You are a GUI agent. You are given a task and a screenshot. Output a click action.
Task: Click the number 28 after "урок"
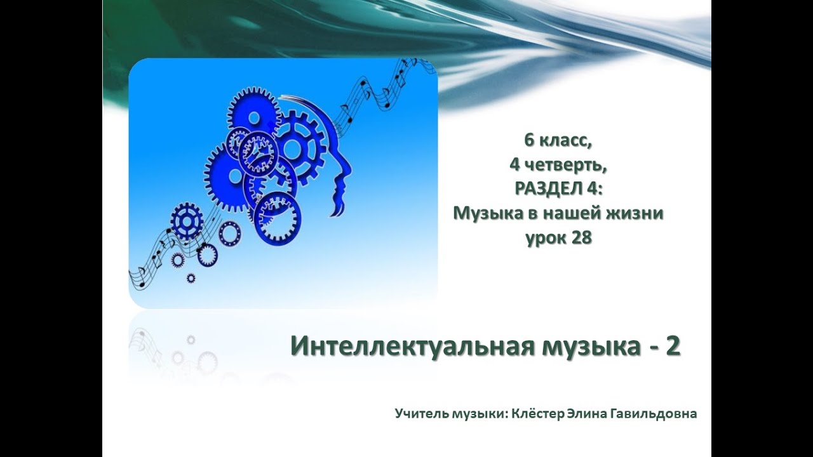pos(582,238)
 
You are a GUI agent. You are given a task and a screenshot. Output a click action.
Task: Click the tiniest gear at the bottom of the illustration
pos(191,278)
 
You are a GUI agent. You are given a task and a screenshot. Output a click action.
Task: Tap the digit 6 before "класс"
pos(530,140)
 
